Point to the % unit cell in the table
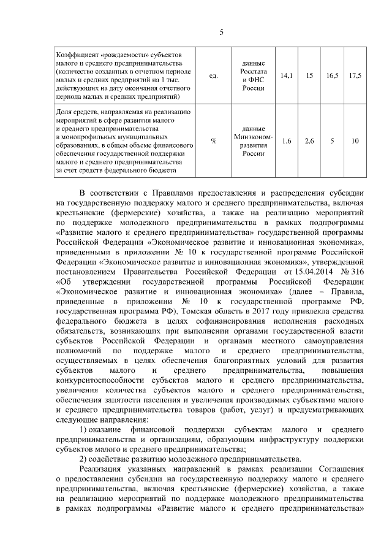(214, 141)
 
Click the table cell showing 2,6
(309, 141)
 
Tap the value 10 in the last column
(355, 141)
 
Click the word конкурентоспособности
(100, 380)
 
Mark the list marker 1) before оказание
(86, 429)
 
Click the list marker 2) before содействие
(86, 459)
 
